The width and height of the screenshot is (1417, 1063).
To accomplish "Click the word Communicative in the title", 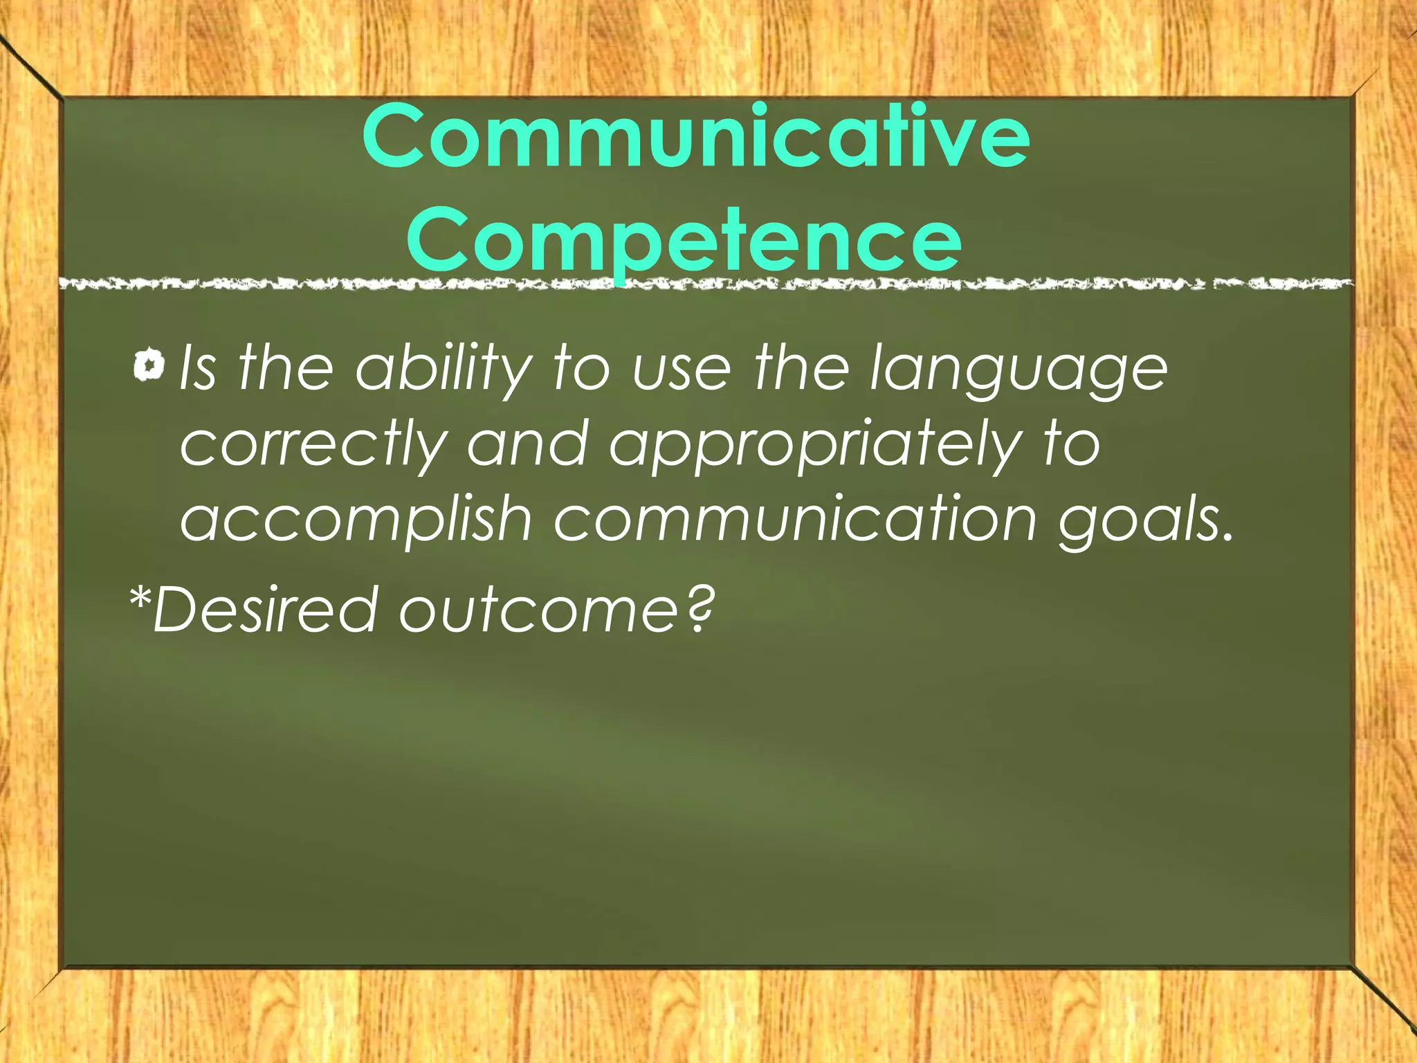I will pos(695,137).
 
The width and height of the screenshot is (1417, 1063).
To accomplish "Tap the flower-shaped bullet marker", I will pos(149,365).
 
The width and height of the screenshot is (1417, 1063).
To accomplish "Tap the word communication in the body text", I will pos(795,519).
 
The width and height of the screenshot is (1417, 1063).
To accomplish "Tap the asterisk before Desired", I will pos(140,596).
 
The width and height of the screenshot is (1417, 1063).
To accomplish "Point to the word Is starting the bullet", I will pos(198,368).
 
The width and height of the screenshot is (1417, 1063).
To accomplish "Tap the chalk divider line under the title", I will pos(706,284).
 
